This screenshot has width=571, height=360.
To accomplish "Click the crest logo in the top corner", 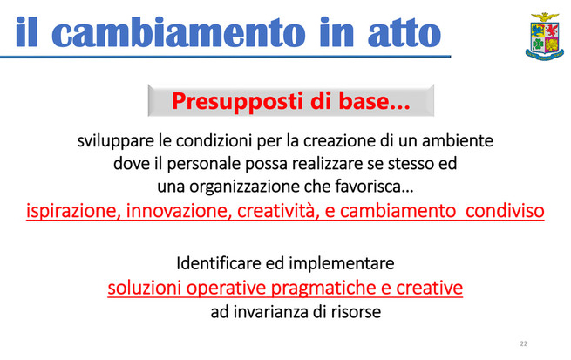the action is [x=545, y=36].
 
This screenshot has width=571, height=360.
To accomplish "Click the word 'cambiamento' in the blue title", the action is [x=179, y=33].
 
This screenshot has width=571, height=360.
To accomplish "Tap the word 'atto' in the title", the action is [x=404, y=34].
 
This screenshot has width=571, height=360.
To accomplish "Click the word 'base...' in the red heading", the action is [x=374, y=101].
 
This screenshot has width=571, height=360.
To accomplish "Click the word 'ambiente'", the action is [x=458, y=141].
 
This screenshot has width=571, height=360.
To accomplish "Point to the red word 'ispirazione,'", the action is [x=73, y=211].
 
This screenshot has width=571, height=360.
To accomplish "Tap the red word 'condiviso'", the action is [x=505, y=211].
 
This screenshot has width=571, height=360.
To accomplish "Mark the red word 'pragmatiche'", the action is [x=323, y=289].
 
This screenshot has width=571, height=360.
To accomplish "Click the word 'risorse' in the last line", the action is [x=356, y=312].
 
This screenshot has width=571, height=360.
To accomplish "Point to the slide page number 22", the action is [x=524, y=343].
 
